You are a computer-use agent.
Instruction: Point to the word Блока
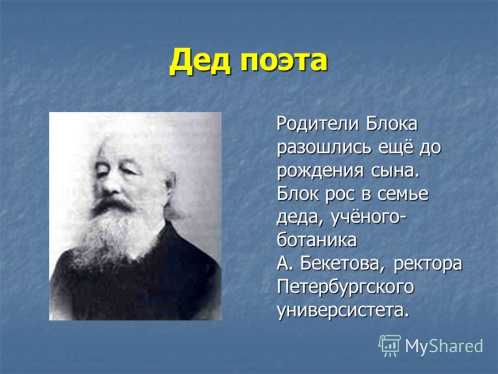coord(392,124)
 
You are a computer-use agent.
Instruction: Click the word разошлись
coord(324,148)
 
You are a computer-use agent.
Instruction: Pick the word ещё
coord(395,147)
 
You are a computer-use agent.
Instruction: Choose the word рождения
coord(320,171)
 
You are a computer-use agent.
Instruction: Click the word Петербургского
coord(345,288)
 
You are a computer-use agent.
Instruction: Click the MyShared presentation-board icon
coord(390,346)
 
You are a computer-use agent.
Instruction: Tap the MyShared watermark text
coord(444,346)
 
